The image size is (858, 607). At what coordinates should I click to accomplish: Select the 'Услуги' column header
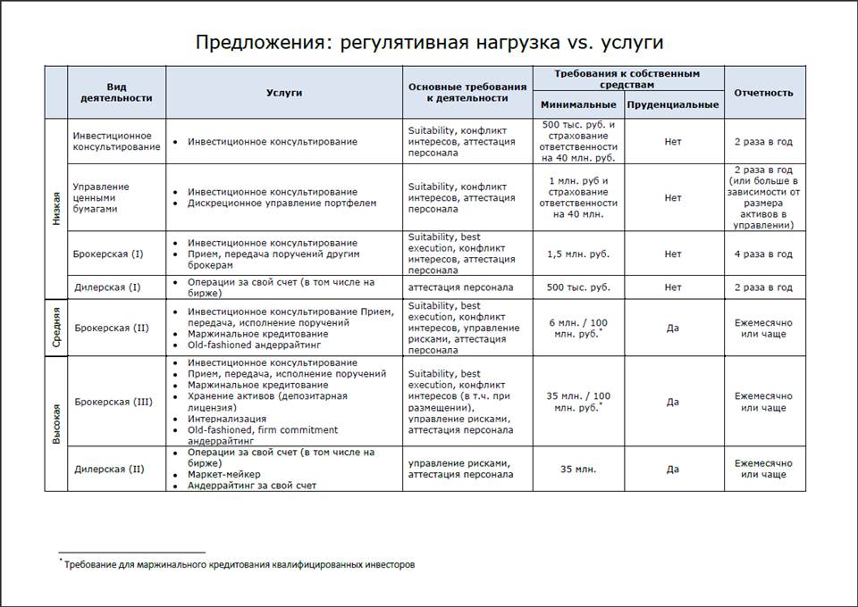tap(284, 93)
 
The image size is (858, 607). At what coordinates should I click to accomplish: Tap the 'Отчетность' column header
tap(763, 93)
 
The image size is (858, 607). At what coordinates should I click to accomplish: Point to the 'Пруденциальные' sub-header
tap(673, 104)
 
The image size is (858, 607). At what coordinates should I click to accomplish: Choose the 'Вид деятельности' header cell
tap(116, 93)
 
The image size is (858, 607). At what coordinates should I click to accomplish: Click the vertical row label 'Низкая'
tap(56, 209)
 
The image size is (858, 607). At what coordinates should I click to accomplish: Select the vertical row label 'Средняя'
tap(56, 328)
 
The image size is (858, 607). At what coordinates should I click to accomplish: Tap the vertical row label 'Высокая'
tap(56, 423)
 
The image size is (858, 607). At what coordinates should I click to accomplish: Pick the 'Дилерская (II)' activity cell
tap(109, 469)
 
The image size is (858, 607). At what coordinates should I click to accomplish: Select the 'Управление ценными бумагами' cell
tap(101, 197)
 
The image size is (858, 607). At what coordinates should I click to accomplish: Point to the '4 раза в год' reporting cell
tap(763, 254)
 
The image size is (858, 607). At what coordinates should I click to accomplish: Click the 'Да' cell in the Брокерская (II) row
tap(673, 328)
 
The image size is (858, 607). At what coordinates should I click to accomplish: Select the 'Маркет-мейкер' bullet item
tap(223, 475)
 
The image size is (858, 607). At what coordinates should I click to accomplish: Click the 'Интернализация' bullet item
tap(227, 419)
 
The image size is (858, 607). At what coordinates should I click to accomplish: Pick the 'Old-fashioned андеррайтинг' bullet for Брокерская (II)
tap(255, 345)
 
